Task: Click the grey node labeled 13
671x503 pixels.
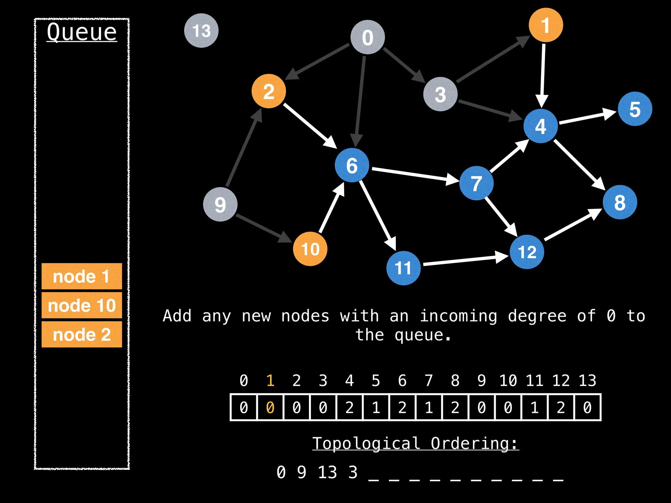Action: [x=201, y=31]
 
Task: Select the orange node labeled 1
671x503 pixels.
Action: [x=546, y=25]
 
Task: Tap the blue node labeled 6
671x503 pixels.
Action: [x=352, y=165]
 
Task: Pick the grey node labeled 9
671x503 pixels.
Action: [x=220, y=204]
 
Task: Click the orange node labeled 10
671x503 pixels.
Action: [x=310, y=249]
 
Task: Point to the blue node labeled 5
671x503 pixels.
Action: [x=635, y=109]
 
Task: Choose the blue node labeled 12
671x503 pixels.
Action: [x=527, y=252]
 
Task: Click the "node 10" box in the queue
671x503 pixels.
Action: [x=82, y=305]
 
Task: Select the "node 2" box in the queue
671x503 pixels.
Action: [x=82, y=334]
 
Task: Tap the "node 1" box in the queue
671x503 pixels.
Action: [x=82, y=276]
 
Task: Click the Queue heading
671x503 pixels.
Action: [x=82, y=32]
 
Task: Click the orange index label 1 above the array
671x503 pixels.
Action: [x=270, y=381]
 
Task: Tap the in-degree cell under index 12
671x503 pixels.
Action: [x=561, y=407]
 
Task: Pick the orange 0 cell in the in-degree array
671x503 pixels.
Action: [x=270, y=407]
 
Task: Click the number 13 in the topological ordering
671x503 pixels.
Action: [x=327, y=472]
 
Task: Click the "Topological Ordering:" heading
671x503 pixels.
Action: [x=415, y=443]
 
